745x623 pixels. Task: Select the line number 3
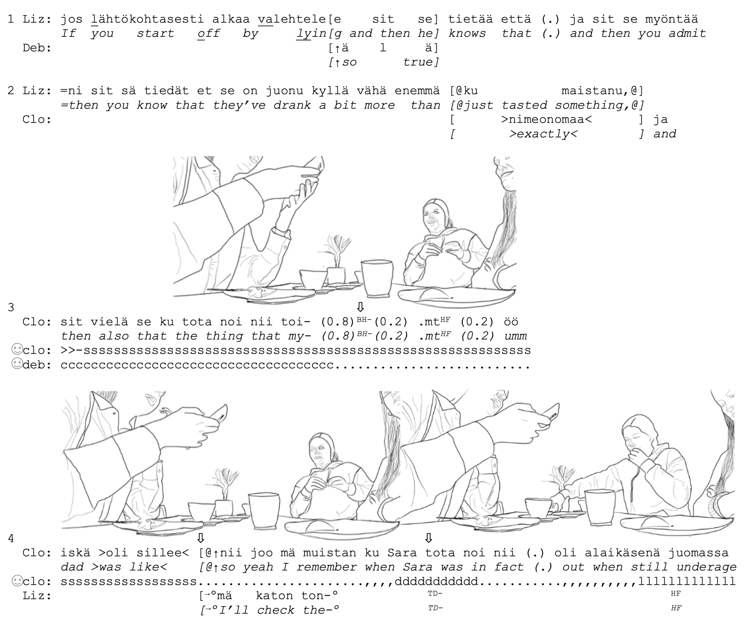tap(11, 307)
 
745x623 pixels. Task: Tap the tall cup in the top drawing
tap(377, 278)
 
